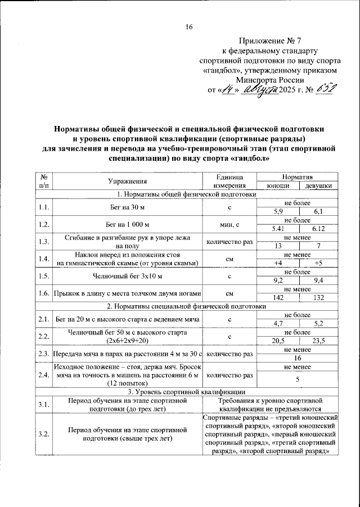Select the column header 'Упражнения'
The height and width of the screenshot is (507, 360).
tap(127, 181)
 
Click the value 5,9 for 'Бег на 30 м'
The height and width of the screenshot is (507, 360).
tap(278, 211)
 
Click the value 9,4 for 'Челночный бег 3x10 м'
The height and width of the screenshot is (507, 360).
tap(318, 280)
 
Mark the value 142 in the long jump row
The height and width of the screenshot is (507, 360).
tap(278, 298)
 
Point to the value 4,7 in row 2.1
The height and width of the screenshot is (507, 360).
tap(278, 324)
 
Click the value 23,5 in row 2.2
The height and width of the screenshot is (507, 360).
tap(318, 341)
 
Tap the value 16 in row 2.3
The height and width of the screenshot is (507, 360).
tap(298, 359)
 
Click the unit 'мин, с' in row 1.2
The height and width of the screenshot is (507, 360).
tap(230, 225)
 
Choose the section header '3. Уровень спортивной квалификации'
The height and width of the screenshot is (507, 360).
tap(186, 392)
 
